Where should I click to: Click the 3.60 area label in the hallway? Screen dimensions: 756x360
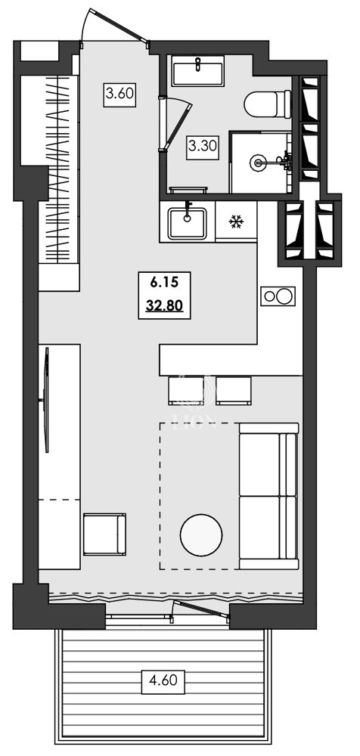click(x=119, y=94)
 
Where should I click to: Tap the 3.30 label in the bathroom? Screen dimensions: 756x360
click(x=203, y=145)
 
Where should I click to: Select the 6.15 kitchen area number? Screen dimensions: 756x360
click(x=163, y=283)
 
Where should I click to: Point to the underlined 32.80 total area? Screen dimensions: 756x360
click(x=163, y=306)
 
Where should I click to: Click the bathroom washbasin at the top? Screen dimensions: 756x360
click(x=197, y=73)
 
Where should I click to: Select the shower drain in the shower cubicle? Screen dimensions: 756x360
click(x=259, y=161)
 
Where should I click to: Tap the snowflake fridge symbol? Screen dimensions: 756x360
click(x=236, y=222)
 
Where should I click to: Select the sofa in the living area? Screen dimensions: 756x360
click(x=268, y=494)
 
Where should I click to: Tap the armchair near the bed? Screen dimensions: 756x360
click(x=104, y=534)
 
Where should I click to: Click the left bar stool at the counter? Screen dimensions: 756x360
click(x=185, y=390)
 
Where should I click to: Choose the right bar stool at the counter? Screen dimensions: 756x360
click(x=233, y=390)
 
